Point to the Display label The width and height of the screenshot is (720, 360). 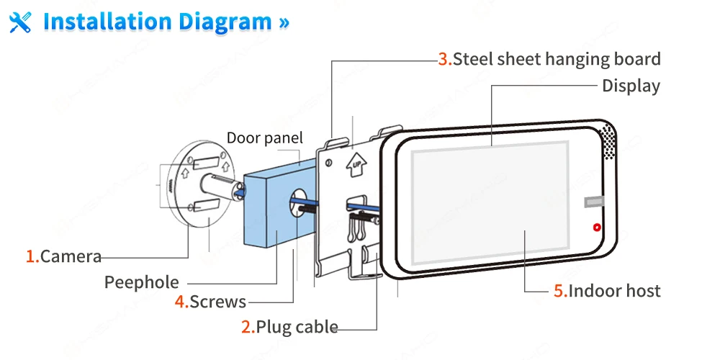[x=631, y=86]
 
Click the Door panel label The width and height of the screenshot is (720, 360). [x=265, y=138]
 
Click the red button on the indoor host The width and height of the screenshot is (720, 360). [x=596, y=228]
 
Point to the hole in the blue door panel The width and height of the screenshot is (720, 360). [x=299, y=204]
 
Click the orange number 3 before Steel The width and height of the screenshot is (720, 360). [x=444, y=59]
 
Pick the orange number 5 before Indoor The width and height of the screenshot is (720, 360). [x=559, y=291]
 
